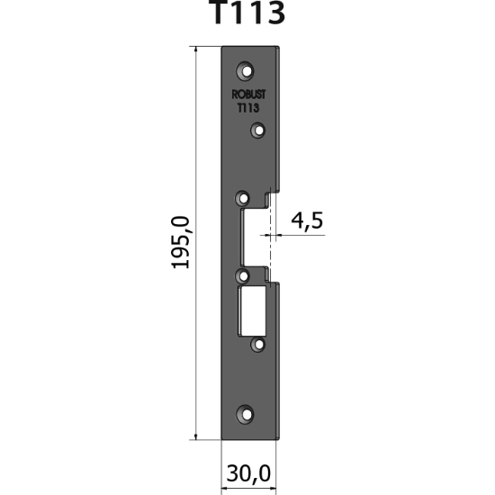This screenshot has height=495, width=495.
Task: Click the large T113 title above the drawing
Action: [247, 15]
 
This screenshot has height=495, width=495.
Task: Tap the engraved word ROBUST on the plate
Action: [247, 94]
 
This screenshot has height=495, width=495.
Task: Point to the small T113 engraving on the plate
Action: [247, 107]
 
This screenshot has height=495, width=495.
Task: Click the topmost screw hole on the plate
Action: [245, 70]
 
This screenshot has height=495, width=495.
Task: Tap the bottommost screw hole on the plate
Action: [245, 414]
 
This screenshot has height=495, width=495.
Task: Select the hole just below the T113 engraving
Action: [257, 131]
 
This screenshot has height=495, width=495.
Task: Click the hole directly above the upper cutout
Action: [242, 197]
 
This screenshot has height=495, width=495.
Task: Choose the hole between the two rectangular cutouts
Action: [242, 274]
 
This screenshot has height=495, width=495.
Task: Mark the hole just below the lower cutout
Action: [257, 342]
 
